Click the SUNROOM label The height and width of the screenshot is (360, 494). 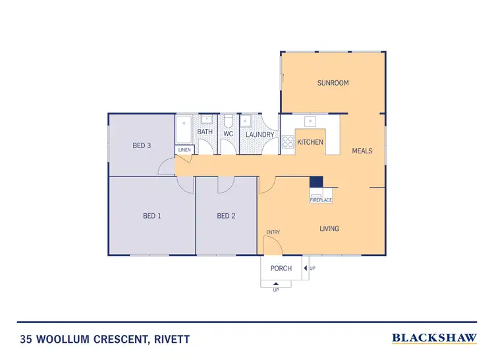(333, 83)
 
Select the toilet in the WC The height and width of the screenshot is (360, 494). (228, 123)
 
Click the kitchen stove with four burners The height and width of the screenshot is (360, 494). (288, 141)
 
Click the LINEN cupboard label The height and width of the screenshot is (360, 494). (184, 150)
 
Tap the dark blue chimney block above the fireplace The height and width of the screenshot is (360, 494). (316, 182)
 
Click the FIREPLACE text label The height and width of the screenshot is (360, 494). (321, 199)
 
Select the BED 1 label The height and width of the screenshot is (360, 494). (152, 216)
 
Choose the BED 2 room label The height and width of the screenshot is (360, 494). (226, 216)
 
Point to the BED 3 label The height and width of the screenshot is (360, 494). (142, 145)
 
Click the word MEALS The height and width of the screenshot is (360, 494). (362, 151)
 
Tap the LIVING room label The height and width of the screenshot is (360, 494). (329, 228)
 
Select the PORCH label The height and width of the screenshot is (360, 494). (281, 269)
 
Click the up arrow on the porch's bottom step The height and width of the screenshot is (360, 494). (275, 283)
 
